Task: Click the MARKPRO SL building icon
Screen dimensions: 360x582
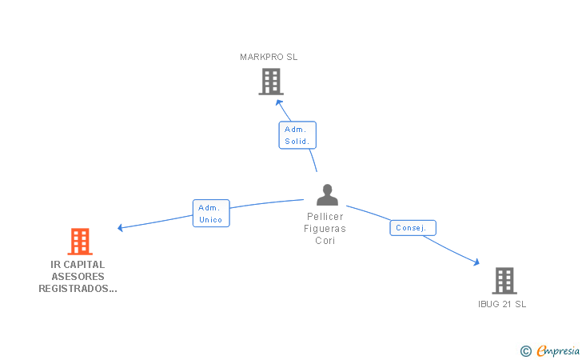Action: [271, 81]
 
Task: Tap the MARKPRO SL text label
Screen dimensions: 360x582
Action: [269, 57]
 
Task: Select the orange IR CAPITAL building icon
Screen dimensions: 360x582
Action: [79, 241]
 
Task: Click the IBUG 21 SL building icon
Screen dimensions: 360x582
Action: [504, 281]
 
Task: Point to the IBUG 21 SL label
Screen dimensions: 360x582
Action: [502, 304]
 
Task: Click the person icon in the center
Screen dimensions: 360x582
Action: [326, 194]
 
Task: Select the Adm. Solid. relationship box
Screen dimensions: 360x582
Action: [297, 135]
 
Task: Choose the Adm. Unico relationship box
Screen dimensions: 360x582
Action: [211, 213]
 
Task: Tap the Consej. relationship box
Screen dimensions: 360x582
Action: [413, 228]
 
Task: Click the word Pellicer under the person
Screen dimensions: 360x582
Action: [325, 217]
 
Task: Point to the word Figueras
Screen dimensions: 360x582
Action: [325, 229]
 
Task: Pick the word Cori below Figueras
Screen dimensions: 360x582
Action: [325, 241]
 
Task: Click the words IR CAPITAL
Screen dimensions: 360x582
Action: [78, 265]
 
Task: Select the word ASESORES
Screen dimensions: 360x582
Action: [78, 277]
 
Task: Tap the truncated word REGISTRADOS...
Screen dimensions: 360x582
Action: [78, 289]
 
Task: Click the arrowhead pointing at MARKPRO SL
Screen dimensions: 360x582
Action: [280, 102]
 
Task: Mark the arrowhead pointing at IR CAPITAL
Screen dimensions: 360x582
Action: [121, 228]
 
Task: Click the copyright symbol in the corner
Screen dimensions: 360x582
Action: [525, 350]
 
